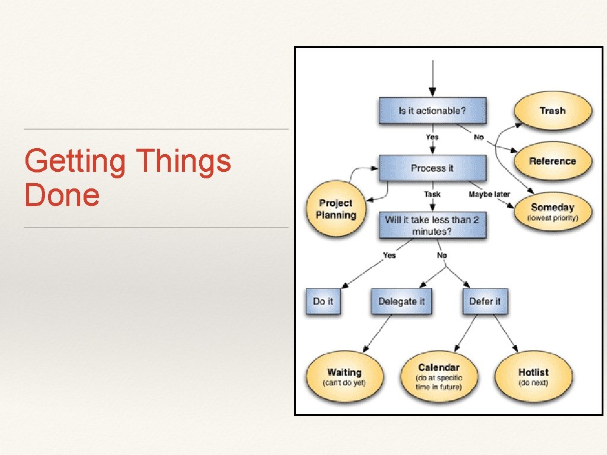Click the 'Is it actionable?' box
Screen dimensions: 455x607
(432, 111)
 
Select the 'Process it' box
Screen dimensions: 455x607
(432, 168)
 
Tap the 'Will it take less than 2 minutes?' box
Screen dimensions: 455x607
(432, 225)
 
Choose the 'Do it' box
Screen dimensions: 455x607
(322, 302)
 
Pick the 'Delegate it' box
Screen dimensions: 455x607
(401, 302)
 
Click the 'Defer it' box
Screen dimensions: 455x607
(484, 302)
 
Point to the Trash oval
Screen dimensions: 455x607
(552, 111)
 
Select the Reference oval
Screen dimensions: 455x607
(552, 161)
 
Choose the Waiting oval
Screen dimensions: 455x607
(344, 377)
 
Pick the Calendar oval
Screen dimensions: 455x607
(439, 377)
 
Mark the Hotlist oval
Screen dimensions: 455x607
(533, 377)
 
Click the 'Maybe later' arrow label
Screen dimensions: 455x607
(489, 194)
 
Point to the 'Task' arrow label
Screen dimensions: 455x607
(432, 194)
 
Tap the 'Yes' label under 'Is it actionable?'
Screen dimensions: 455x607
(432, 137)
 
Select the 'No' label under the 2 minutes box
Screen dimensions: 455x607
(442, 255)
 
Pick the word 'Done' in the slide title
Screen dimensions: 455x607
(62, 196)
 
